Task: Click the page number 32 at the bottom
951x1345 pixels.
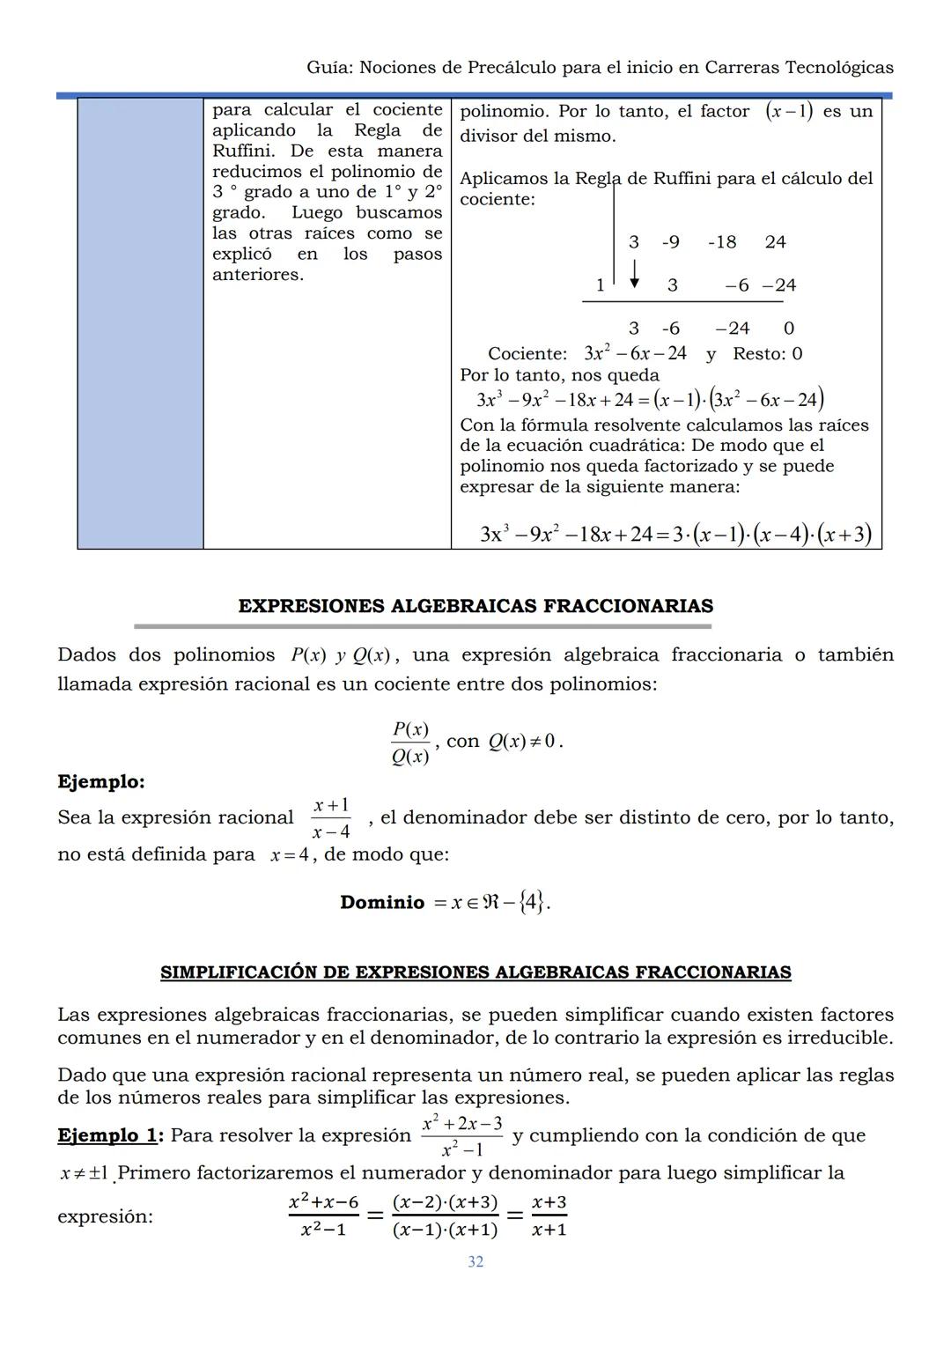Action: pos(475,1261)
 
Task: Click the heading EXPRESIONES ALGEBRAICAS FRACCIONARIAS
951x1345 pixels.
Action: pos(475,606)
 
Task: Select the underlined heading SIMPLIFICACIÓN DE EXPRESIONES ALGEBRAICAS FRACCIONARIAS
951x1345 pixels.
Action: pos(475,972)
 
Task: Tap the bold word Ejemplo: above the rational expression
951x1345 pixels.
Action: pos(101,781)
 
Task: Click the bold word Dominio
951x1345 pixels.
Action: pos(382,902)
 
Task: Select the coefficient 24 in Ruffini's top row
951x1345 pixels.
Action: pos(775,242)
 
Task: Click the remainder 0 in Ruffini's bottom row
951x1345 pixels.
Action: pos(788,329)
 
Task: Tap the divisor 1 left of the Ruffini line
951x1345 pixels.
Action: pos(601,285)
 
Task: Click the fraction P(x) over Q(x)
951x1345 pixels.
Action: pos(410,743)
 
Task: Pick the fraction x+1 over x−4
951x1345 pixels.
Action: pos(331,818)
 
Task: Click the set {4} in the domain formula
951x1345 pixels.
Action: pos(531,902)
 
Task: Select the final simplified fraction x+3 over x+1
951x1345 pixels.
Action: pos(549,1216)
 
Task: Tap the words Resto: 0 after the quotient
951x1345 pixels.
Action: pos(768,354)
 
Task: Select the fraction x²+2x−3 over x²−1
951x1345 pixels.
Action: pos(461,1136)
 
